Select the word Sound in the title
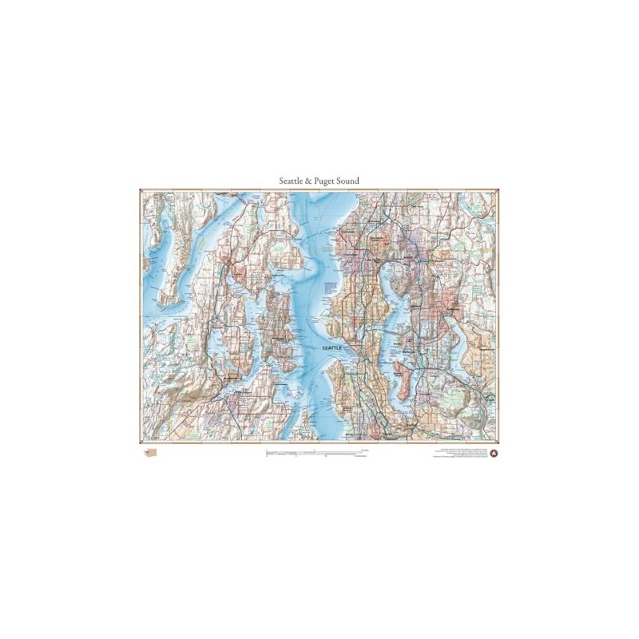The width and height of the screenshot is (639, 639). click(349, 181)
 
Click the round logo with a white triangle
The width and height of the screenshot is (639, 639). click(493, 453)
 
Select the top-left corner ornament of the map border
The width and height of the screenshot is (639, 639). click(141, 190)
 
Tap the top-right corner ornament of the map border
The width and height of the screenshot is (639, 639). click(498, 190)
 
